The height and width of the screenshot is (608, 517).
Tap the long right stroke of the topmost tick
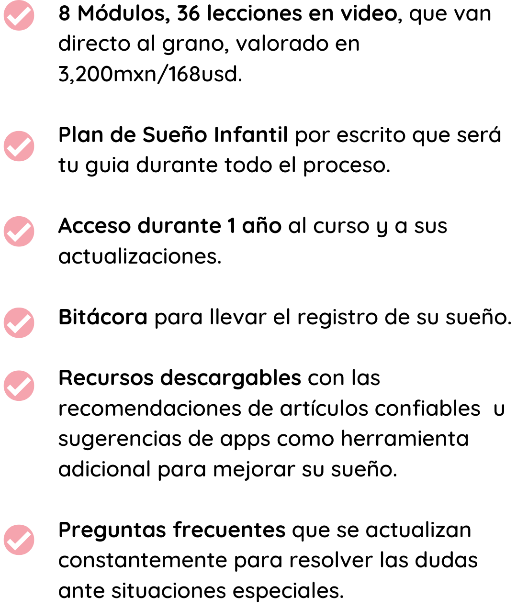point(23,14)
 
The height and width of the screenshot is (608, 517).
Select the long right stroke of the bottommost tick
point(23,539)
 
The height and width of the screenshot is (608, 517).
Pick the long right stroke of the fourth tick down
point(23,321)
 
